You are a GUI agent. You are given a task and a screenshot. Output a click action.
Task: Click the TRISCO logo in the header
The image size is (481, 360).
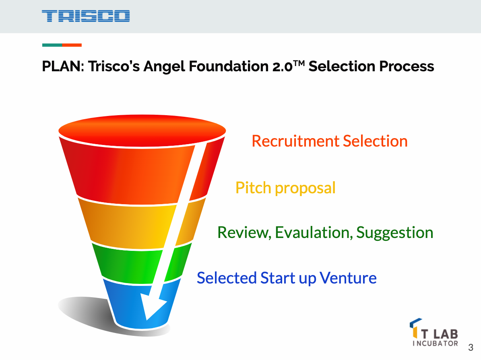point(85,16)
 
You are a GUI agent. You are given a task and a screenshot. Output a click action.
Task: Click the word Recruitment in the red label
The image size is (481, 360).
point(295,141)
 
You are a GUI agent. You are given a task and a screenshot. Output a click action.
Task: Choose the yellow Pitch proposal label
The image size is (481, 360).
point(285,188)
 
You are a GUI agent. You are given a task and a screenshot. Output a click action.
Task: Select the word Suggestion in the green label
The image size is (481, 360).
point(395,232)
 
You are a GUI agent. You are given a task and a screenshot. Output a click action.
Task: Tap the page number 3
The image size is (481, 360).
point(470,348)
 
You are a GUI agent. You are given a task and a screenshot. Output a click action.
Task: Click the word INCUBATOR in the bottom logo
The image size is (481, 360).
point(436,343)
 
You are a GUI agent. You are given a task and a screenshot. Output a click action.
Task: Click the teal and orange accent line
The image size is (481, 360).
point(62,45)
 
